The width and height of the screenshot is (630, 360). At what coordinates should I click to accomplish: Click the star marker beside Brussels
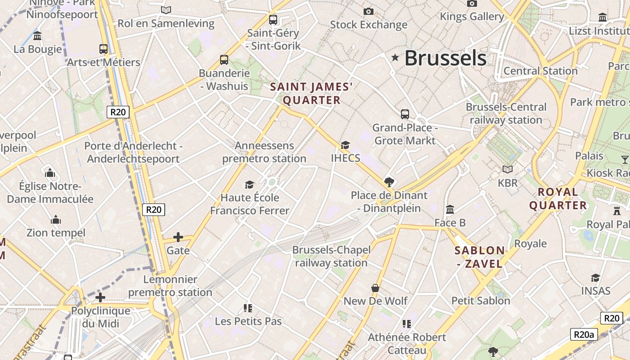[x=396, y=58]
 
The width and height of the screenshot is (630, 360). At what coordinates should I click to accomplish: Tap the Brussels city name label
[x=445, y=58]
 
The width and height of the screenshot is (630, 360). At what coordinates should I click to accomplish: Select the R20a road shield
[x=584, y=334]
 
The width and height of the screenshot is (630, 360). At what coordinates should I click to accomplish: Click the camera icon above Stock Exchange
[x=369, y=11]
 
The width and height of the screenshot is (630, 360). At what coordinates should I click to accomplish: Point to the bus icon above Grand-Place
[x=405, y=114]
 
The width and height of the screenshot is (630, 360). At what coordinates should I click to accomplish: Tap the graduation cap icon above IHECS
[x=345, y=145]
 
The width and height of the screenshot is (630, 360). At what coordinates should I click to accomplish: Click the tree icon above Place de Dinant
[x=389, y=182]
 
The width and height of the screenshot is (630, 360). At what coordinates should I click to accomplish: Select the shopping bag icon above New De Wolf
[x=375, y=288]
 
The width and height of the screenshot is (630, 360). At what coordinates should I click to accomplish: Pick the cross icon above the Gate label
[x=178, y=237]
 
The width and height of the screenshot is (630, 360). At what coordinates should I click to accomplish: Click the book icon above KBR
[x=508, y=170]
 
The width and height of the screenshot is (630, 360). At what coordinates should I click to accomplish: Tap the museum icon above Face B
[x=450, y=210]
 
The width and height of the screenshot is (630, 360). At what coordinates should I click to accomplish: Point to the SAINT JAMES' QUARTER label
[x=311, y=94]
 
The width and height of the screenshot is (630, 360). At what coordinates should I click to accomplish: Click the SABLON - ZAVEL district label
[x=480, y=257]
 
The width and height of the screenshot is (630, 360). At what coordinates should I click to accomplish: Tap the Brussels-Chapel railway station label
[x=332, y=256]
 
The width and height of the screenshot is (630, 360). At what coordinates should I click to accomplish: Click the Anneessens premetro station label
[x=264, y=152]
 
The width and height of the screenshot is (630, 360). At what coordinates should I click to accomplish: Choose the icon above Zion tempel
[x=56, y=220]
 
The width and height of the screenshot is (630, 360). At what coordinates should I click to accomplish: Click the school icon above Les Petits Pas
[x=248, y=308]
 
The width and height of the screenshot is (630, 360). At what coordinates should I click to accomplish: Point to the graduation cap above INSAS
[x=596, y=278]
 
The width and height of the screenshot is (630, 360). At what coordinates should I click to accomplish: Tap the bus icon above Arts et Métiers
[x=103, y=49]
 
